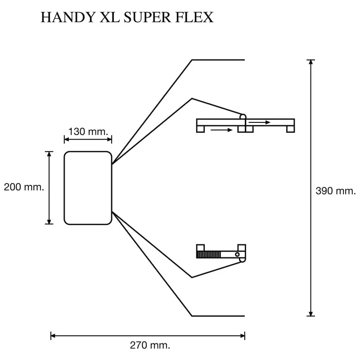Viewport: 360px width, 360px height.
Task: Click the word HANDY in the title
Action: (63, 17)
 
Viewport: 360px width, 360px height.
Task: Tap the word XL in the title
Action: (102, 17)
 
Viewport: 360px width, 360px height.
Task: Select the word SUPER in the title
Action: (142, 17)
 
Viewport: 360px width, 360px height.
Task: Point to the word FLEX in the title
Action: (192, 17)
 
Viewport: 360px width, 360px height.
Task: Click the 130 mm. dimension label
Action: (88, 132)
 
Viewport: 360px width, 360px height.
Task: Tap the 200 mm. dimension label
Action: (23, 187)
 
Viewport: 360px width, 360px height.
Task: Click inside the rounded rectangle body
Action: (88, 188)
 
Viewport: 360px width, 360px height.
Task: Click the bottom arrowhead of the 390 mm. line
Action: (310, 313)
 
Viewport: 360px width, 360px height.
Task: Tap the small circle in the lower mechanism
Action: (237, 255)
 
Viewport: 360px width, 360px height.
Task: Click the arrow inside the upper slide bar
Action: (260, 122)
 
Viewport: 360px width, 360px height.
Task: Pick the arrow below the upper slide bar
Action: (221, 130)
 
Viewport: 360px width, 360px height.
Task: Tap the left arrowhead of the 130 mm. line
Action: (67, 139)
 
